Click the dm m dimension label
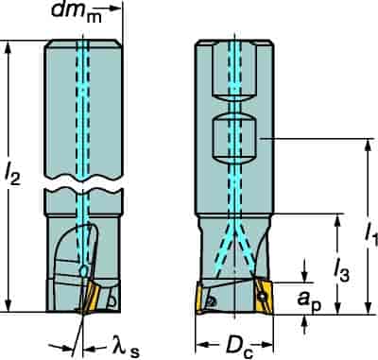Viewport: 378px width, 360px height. tap(77, 12)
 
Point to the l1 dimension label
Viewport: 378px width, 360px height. tap(371, 234)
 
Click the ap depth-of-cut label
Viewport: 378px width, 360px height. tap(309, 301)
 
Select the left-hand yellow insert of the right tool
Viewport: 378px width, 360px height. tap(200, 298)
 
